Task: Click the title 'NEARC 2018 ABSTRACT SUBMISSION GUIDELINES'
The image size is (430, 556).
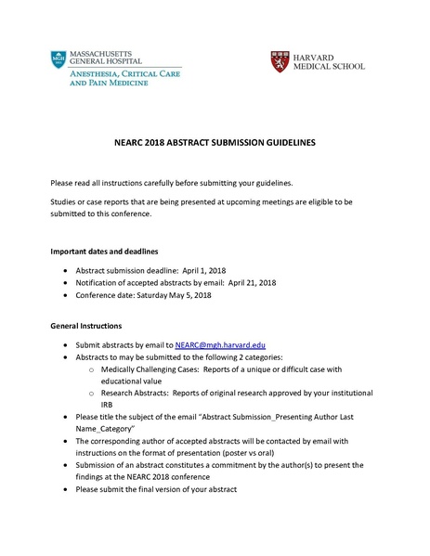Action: tap(215, 143)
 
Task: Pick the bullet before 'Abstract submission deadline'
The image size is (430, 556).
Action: tap(63, 268)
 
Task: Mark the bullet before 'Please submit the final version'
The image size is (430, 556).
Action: tap(63, 488)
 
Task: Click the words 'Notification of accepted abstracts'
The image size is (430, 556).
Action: tap(134, 282)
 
